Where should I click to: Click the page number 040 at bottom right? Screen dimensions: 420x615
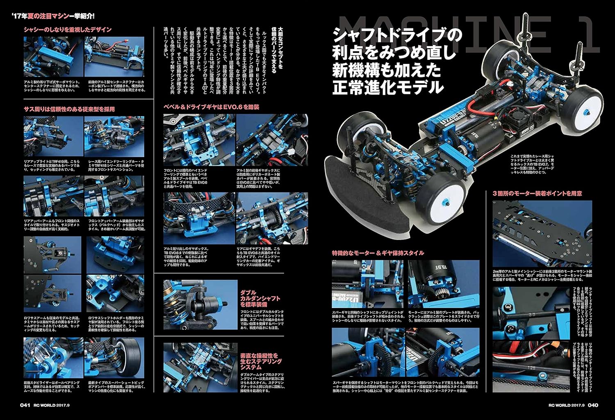coord(593,405)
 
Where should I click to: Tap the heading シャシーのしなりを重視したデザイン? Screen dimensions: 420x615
coord(68,30)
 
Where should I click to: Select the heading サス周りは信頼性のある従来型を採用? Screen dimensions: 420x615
coord(69,109)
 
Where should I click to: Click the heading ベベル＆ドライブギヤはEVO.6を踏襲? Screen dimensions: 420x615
coord(211,107)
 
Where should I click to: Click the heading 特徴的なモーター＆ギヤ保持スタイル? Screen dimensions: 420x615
coord(378,253)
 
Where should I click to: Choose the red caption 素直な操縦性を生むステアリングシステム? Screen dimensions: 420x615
coord(261,361)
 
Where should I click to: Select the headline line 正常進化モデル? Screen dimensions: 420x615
coord(388,87)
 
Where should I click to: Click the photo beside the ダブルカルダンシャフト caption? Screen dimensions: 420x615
coord(200,304)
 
